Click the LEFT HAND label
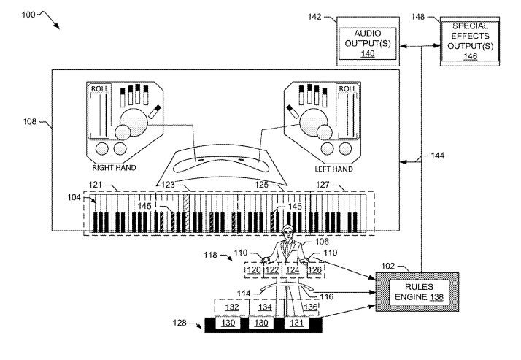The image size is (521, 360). point(331,169)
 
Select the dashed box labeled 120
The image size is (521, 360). point(253,270)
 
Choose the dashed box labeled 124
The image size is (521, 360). point(293,270)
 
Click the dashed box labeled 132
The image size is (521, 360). point(231,307)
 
